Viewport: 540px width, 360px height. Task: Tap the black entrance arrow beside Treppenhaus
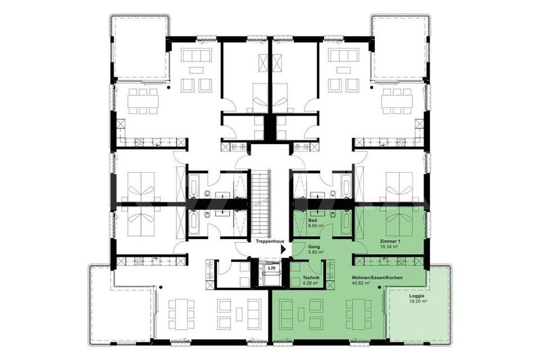(283, 249)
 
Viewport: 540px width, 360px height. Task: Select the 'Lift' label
(267, 267)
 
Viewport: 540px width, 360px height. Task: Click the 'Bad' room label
(312, 220)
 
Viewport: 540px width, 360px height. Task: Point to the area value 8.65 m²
(316, 226)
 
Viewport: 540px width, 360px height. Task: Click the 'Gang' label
(314, 247)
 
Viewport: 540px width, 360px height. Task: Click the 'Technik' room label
(311, 278)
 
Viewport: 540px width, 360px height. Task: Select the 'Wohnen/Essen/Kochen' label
(377, 277)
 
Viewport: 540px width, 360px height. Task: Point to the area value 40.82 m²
(361, 283)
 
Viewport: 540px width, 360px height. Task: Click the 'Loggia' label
(416, 296)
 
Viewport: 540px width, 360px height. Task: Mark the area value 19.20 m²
(418, 301)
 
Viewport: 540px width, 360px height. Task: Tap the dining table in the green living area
(358, 314)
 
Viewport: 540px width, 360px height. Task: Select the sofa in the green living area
(286, 314)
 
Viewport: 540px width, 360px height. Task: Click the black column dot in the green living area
(379, 287)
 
